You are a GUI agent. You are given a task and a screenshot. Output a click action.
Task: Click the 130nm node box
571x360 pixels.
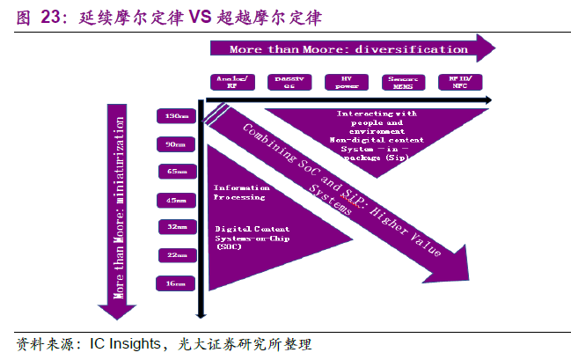pyautogui.click(x=176, y=115)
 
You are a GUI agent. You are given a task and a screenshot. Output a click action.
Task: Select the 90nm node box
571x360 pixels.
pyautogui.click(x=176, y=143)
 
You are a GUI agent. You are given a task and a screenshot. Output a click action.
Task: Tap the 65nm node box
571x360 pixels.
pyautogui.click(x=176, y=172)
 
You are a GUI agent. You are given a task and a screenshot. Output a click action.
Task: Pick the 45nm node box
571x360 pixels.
pyautogui.click(x=176, y=200)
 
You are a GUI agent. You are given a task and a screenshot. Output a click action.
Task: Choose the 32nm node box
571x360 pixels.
pyautogui.click(x=176, y=227)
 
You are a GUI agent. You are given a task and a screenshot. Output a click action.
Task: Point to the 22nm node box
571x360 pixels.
pyautogui.click(x=176, y=255)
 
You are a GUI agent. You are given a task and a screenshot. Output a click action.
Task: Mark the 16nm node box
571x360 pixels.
pyautogui.click(x=176, y=283)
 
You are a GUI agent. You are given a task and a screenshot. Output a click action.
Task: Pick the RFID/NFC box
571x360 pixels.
pyautogui.click(x=460, y=83)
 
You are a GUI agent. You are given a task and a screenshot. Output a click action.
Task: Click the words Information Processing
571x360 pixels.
pyautogui.click(x=239, y=193)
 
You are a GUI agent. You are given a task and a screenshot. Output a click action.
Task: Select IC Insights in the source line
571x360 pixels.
pyautogui.click(x=124, y=344)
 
